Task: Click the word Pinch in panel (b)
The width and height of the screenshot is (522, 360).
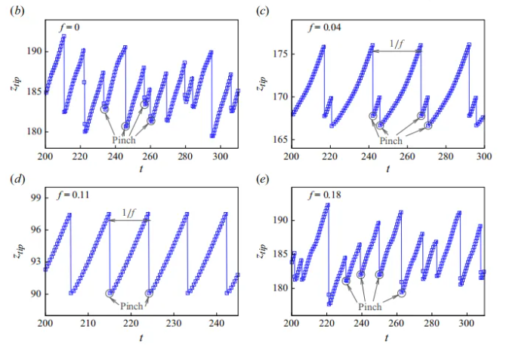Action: pyautogui.click(x=125, y=140)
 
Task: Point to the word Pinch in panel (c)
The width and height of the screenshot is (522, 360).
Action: pyautogui.click(x=391, y=140)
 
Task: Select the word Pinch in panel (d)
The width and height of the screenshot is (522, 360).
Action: pyautogui.click(x=131, y=306)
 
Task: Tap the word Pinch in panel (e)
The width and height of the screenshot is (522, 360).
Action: pyautogui.click(x=370, y=307)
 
